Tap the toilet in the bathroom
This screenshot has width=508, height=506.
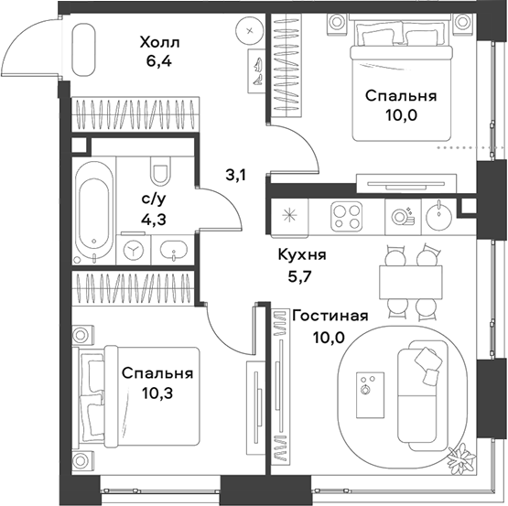pyautogui.click(x=161, y=173)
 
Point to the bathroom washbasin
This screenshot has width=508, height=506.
pyautogui.click(x=172, y=248)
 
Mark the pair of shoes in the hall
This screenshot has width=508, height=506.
pyautogui.click(x=259, y=68)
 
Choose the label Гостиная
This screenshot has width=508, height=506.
pyautogui.click(x=330, y=316)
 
